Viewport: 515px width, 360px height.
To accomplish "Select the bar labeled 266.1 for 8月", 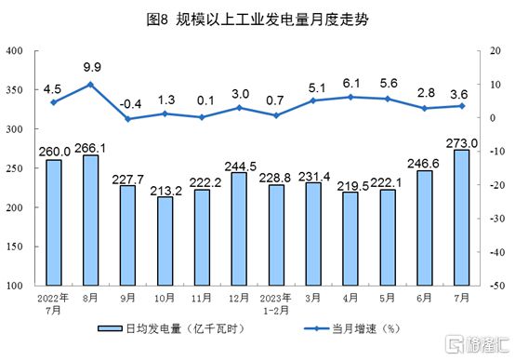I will point(90,220).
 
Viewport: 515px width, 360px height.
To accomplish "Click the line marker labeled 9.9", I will point(90,85).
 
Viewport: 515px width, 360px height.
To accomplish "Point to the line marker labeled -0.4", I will point(127,119).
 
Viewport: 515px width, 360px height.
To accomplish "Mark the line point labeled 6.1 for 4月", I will point(350,97).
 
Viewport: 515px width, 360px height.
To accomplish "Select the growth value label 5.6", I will point(387,82).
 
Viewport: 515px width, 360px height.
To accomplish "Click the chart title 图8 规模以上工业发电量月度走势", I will point(257,19).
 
